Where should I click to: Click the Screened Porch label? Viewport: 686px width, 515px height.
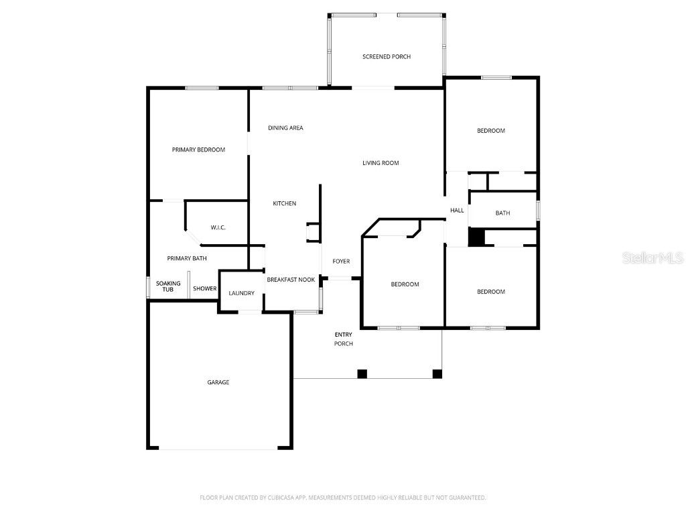point(387,56)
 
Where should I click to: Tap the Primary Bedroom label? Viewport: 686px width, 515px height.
point(198,150)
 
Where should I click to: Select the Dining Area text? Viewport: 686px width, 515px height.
point(285,127)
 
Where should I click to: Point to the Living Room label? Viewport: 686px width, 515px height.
point(381,162)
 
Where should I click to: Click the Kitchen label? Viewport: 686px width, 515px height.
point(284,203)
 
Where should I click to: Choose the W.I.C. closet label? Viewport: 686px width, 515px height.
point(218,228)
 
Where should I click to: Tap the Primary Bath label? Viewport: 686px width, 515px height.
point(187,258)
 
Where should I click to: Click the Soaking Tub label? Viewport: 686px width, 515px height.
point(168,286)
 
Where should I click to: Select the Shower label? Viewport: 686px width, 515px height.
point(205,289)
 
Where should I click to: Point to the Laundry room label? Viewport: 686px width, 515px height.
point(241,293)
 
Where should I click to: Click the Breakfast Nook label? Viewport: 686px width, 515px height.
point(291,280)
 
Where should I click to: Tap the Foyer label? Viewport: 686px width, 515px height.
point(341,262)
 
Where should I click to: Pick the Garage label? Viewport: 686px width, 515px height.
point(218,382)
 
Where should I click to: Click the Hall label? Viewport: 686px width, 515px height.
point(457,211)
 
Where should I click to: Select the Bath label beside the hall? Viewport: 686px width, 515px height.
point(502,213)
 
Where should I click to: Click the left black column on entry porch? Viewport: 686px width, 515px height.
point(362,374)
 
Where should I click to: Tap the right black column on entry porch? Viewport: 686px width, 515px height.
point(437,374)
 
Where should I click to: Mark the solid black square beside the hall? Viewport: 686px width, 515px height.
point(476,237)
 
